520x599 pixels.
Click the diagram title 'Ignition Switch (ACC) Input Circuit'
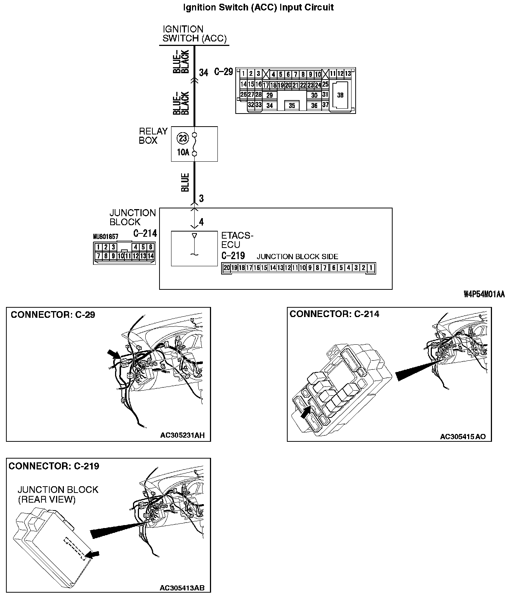[258, 7]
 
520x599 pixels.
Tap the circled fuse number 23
[183, 139]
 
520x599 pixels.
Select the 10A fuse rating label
[183, 152]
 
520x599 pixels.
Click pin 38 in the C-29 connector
[340, 95]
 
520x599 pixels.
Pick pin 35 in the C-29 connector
[292, 106]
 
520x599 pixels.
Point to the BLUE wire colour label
[185, 183]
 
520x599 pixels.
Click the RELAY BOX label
[153, 136]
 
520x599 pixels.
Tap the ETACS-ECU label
[237, 240]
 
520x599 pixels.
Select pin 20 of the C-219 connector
[226, 268]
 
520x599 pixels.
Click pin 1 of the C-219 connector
[371, 268]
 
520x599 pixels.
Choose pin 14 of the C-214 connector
[151, 256]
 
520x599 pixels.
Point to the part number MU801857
[105, 237]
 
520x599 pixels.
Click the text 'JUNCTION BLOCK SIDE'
[297, 257]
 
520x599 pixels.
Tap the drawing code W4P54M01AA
[484, 295]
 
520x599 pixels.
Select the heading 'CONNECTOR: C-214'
[334, 314]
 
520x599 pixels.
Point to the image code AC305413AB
[182, 588]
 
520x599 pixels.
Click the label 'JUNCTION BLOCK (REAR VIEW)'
[58, 494]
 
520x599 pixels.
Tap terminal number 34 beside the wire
[203, 72]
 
